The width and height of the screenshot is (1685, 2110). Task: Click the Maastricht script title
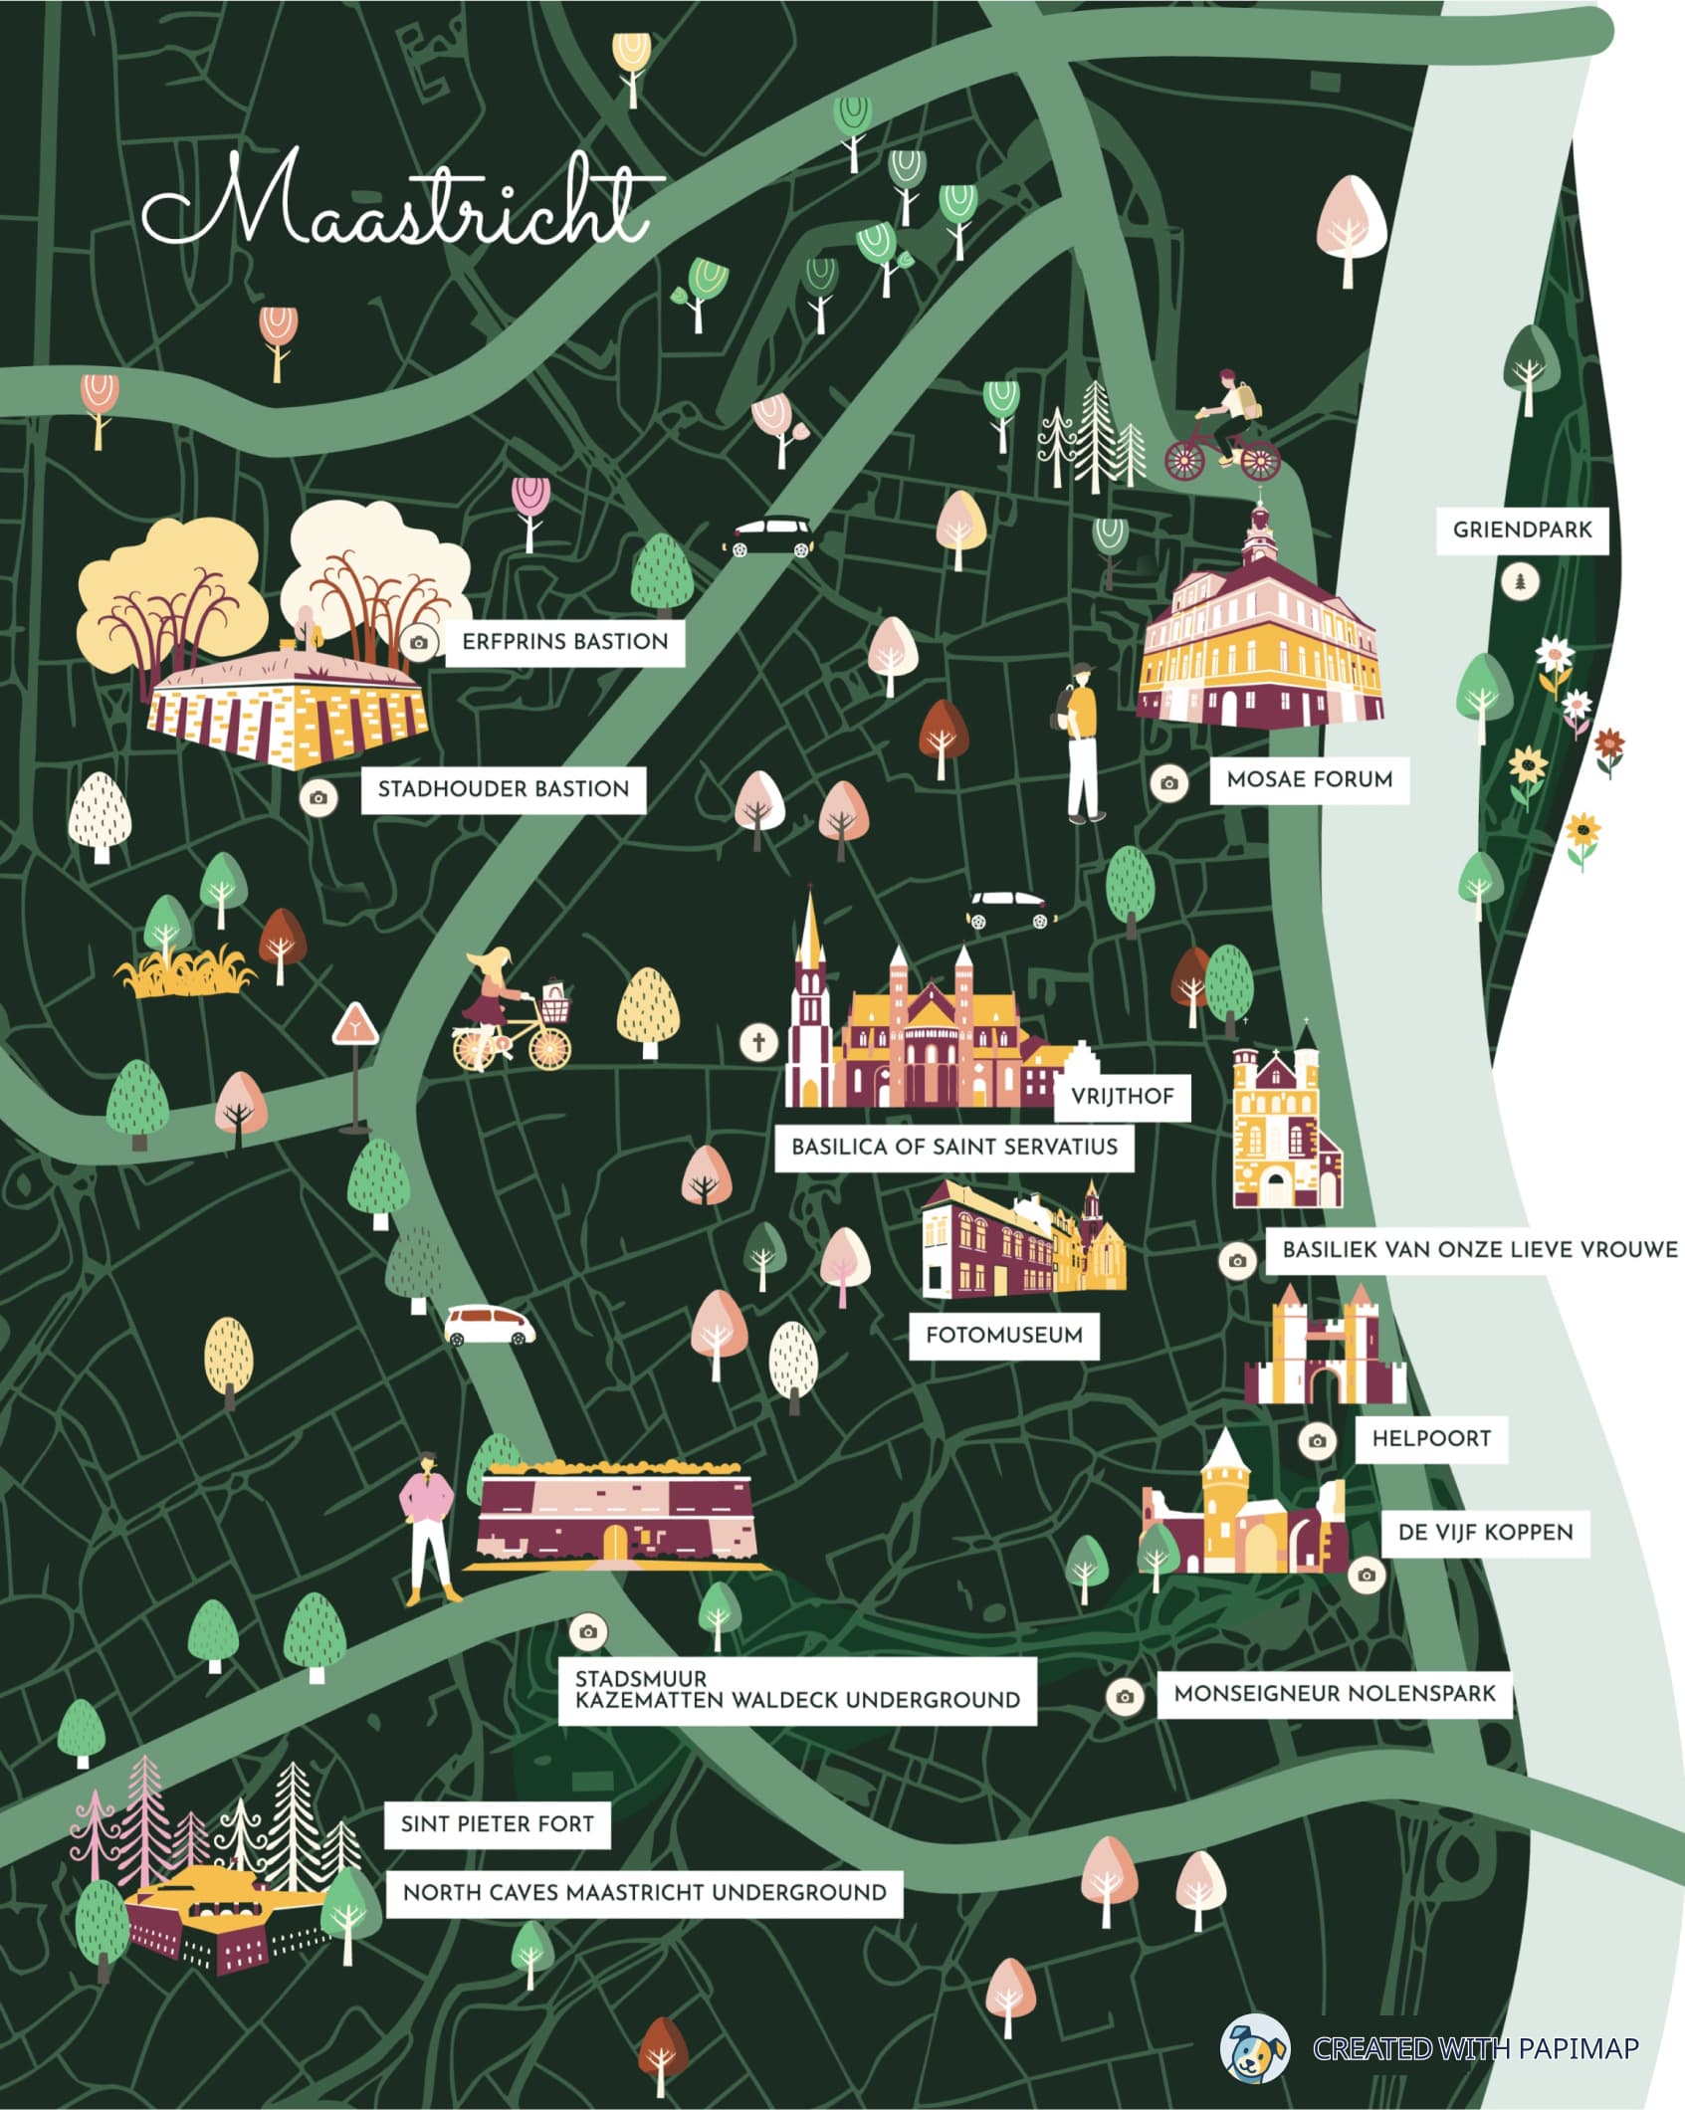point(398,204)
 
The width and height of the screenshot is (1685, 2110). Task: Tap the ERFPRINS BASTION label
point(564,642)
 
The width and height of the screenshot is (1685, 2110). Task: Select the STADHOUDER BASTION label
point(503,789)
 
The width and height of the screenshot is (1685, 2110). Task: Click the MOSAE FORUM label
point(1309,779)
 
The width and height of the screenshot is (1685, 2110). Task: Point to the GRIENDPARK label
point(1522,529)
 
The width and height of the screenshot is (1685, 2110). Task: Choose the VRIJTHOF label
point(1122,1096)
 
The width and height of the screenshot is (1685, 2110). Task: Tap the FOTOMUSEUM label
point(1003,1335)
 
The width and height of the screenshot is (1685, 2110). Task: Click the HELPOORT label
point(1430,1438)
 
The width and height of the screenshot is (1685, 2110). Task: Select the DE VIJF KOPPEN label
point(1485,1532)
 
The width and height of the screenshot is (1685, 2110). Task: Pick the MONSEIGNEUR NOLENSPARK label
point(1334,1693)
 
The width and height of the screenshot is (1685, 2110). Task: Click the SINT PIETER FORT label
point(497,1824)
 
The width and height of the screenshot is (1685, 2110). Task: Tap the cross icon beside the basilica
point(758,1042)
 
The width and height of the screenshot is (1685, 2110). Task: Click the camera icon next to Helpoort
point(1318,1440)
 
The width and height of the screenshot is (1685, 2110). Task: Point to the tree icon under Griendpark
point(1520,581)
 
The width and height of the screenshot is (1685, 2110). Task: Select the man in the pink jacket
point(429,1528)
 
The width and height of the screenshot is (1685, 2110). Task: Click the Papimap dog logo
point(1254,2047)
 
